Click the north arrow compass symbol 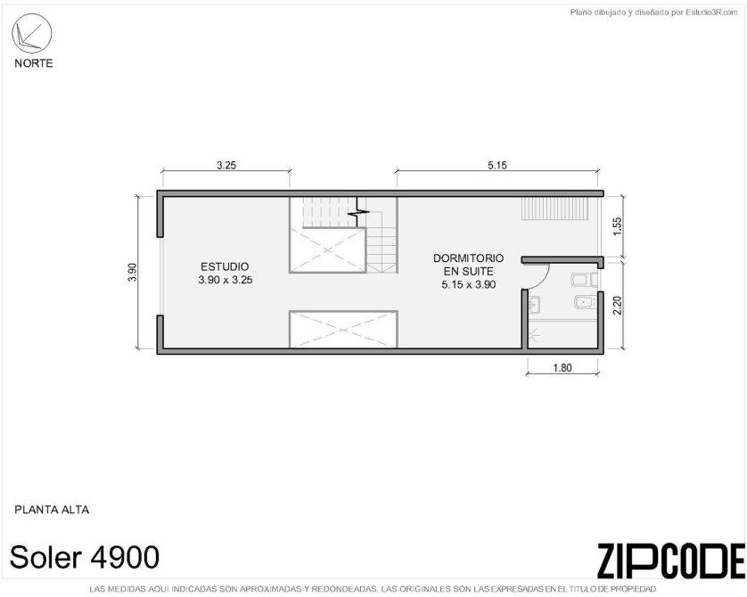coord(31,33)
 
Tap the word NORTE coord(33,63)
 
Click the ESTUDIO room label coord(225,266)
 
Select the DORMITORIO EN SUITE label coord(468,265)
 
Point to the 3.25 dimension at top coord(226,165)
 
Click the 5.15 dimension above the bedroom coord(497,165)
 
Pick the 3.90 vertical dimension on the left coord(133,273)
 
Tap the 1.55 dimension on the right coord(617,226)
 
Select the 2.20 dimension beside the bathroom coord(617,305)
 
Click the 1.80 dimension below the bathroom coord(562,367)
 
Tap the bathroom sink coord(535,305)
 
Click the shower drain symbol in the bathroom coord(533,336)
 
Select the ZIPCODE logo coord(670,560)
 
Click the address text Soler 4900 coord(85,557)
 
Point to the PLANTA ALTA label coord(52,510)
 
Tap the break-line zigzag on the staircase coord(358,211)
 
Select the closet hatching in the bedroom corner coord(555,209)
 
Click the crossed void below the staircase coord(327,250)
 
